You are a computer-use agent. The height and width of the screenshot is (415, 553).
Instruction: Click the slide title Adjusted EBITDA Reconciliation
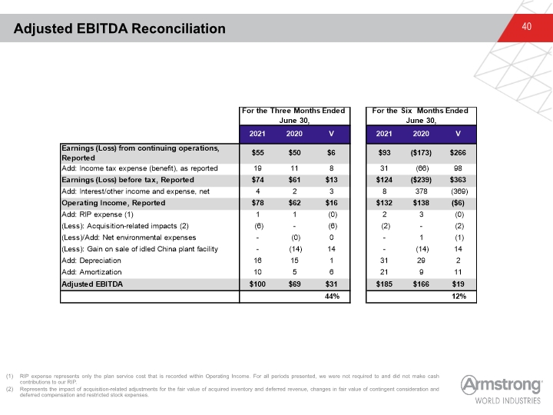click(x=120, y=28)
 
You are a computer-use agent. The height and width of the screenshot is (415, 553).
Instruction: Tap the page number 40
click(x=527, y=26)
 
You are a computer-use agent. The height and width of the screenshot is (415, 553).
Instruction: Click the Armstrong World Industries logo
click(x=501, y=390)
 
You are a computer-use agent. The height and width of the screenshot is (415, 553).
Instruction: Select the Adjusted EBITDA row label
click(x=92, y=284)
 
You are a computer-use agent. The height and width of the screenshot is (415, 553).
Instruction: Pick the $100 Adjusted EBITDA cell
click(x=257, y=284)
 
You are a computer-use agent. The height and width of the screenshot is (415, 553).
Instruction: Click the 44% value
click(x=332, y=297)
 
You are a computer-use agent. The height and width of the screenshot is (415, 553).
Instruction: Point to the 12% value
click(x=459, y=297)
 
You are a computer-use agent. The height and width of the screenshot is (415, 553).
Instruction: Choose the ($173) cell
click(x=421, y=153)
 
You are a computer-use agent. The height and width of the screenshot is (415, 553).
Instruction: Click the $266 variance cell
click(x=458, y=153)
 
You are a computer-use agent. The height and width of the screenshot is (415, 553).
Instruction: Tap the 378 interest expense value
click(x=421, y=191)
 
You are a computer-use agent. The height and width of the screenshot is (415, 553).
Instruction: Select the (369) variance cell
click(x=459, y=191)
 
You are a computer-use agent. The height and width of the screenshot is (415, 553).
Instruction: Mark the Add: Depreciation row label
click(x=91, y=261)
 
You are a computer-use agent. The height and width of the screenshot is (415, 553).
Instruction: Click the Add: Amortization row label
click(x=91, y=272)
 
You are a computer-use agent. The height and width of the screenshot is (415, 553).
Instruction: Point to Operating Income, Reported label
click(x=113, y=203)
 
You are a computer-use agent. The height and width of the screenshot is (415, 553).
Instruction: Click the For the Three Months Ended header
click(x=293, y=111)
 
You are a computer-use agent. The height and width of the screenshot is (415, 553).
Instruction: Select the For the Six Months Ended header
click(x=420, y=111)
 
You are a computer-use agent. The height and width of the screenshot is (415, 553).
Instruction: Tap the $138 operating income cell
click(x=421, y=203)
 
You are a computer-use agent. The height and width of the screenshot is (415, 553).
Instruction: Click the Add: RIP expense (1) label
click(x=98, y=214)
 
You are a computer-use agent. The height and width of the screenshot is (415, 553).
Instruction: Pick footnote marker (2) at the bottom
click(x=9, y=389)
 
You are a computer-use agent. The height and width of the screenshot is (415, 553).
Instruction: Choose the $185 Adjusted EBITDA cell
click(x=384, y=284)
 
